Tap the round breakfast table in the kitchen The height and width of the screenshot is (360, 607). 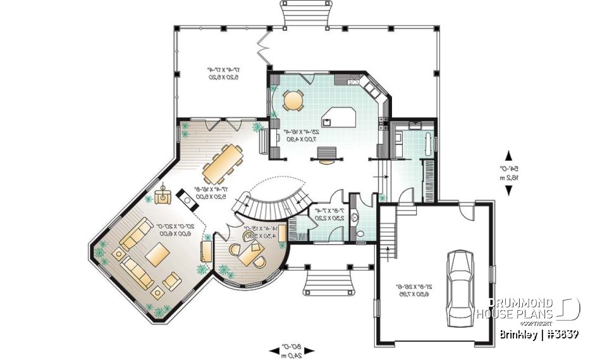(293, 99)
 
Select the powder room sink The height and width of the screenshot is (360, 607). (355, 217)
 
